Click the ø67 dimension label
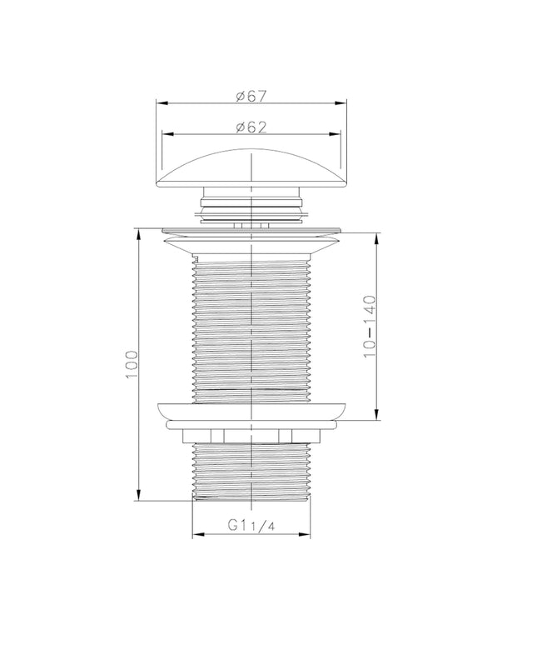click(x=251, y=96)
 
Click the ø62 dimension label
click(x=251, y=127)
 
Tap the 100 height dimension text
click(x=132, y=365)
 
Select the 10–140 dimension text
click(x=370, y=326)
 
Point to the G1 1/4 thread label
click(x=251, y=525)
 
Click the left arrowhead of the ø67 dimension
click(x=162, y=102)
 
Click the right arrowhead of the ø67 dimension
click(x=341, y=102)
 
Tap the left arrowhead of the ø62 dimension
click(x=167, y=133)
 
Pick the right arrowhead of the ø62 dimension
click(x=335, y=133)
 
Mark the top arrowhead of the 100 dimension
click(x=139, y=233)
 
